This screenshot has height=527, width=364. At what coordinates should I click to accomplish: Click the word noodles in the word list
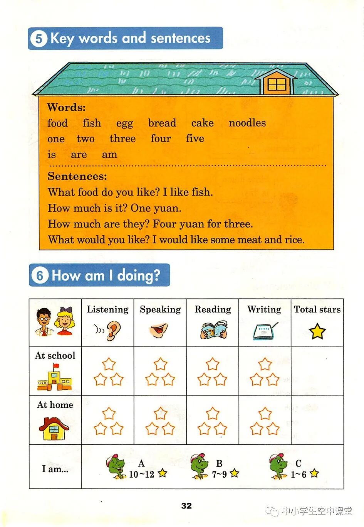point(247,123)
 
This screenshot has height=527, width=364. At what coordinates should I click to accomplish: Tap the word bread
point(162,123)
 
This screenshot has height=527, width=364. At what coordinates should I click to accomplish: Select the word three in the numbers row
point(122,139)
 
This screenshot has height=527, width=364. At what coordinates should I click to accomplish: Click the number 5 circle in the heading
point(39,39)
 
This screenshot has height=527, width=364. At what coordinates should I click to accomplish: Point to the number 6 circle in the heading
point(40,275)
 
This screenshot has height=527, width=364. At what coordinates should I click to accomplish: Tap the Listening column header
point(107,309)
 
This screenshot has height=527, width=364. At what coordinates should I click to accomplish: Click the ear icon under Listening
point(113,331)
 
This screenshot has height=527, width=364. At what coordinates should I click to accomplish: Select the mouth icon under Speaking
point(159,330)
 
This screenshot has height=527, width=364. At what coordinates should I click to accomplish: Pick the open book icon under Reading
point(213,331)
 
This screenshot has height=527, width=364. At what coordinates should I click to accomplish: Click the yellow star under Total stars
point(317,331)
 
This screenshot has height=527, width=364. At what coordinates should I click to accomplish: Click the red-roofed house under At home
point(54,428)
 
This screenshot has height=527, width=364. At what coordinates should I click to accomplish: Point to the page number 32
point(186,506)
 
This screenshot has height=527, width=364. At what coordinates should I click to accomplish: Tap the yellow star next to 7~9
point(234,473)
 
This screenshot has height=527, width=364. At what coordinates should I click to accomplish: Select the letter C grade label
point(298,463)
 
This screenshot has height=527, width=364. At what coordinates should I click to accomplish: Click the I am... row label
point(55,469)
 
